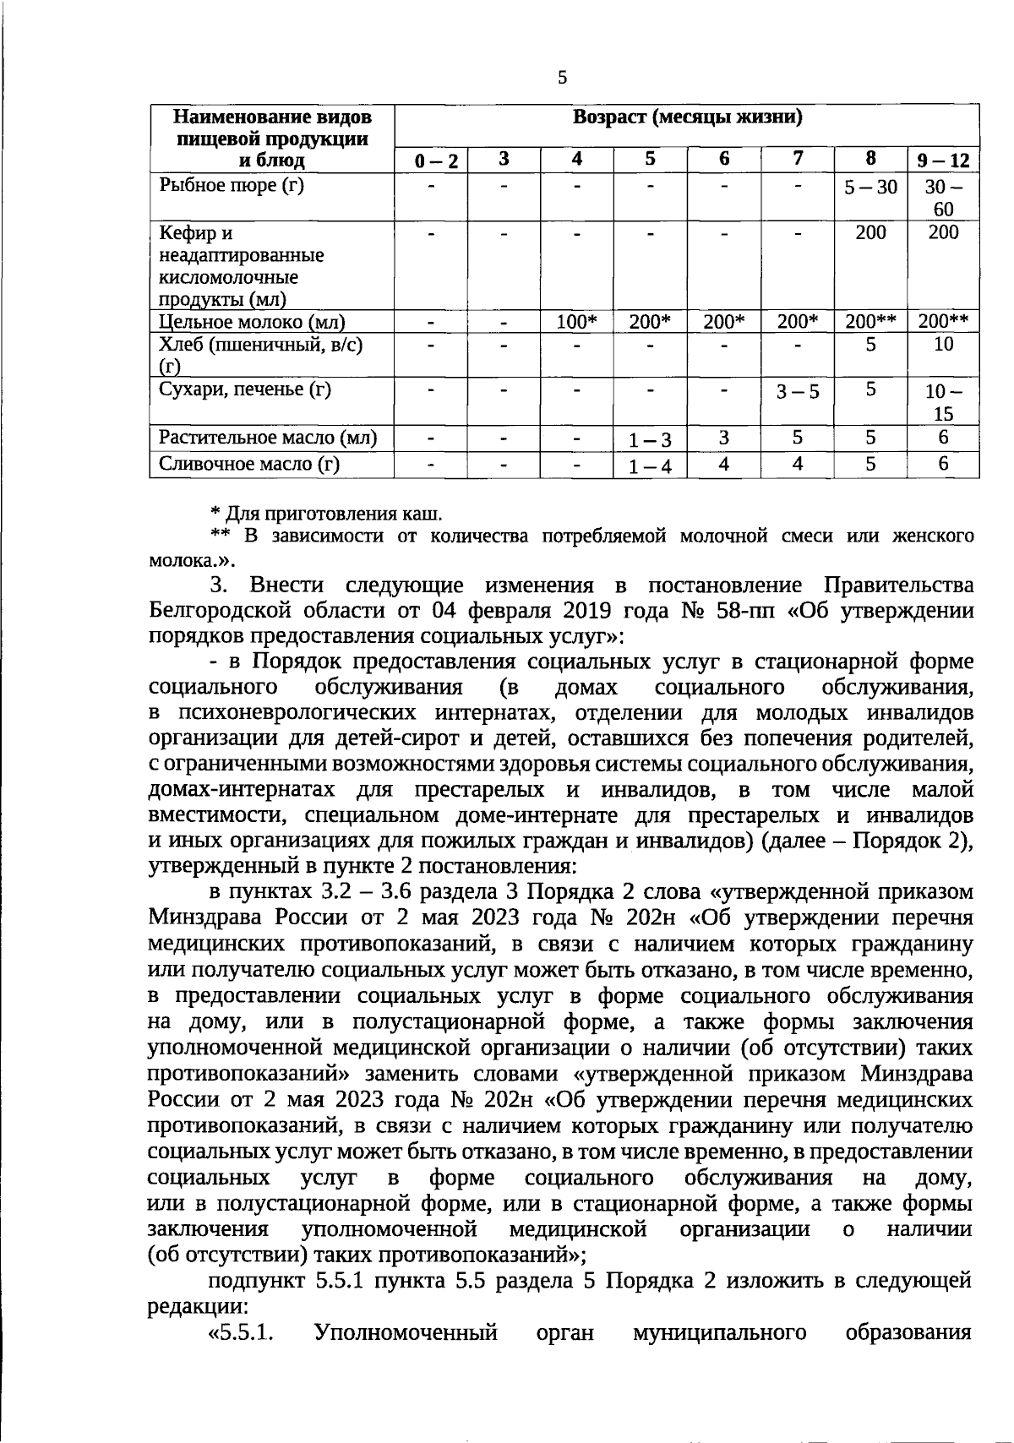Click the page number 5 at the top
pos(563,79)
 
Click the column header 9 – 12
pos(943,161)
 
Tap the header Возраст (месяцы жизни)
pos(687,117)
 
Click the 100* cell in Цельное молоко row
pos(577,321)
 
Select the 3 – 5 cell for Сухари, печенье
pos(798,392)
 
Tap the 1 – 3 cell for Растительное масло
pos(650,440)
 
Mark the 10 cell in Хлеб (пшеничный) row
pos(943,344)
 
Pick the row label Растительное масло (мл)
pos(268,438)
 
